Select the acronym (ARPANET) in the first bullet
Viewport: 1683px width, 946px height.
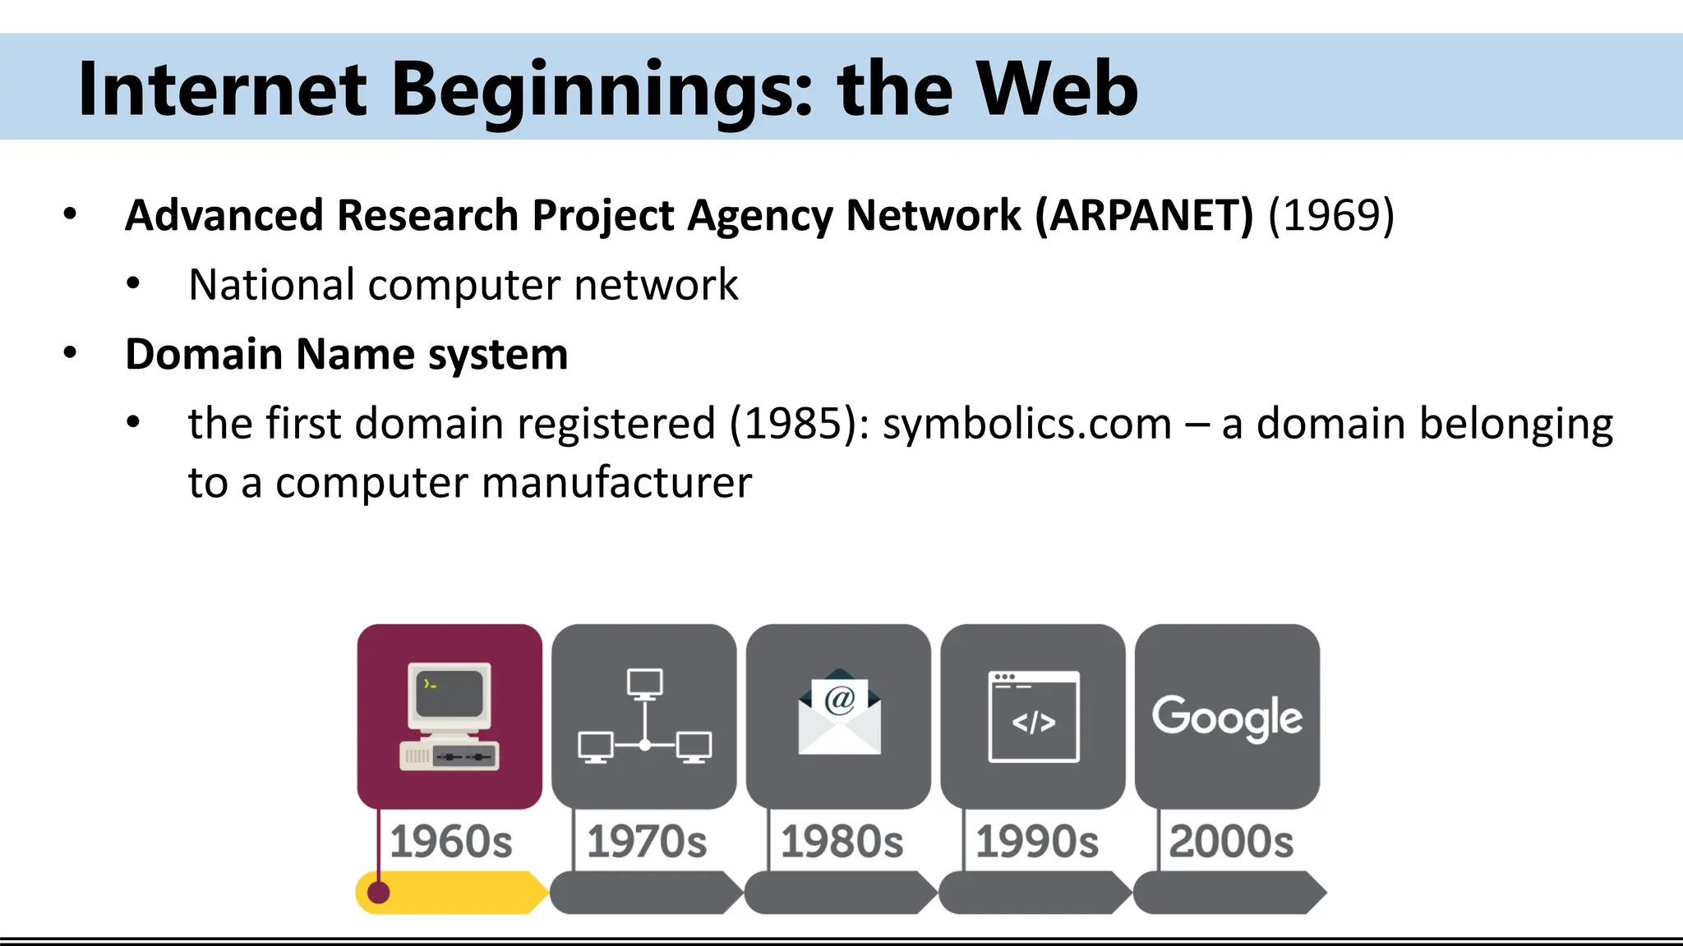pos(1144,216)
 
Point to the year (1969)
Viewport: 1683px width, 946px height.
pos(1331,216)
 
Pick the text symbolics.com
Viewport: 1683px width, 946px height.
pos(1027,425)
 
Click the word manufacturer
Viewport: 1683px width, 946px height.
pos(616,483)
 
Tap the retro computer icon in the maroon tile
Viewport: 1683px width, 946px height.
pos(450,716)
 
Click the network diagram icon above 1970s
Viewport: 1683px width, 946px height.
pos(644,716)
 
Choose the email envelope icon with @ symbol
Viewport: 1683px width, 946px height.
pos(839,711)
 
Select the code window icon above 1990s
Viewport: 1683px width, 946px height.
pos(1034,716)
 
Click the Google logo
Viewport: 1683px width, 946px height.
pos(1227,717)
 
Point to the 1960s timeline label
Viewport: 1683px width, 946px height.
pos(451,842)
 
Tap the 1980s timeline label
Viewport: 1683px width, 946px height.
pos(841,842)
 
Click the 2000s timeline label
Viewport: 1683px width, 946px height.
pos(1231,842)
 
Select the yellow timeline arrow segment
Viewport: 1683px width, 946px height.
pos(460,893)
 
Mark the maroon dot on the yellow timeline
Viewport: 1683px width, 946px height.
pos(378,893)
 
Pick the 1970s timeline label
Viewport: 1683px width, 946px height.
pos(647,842)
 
